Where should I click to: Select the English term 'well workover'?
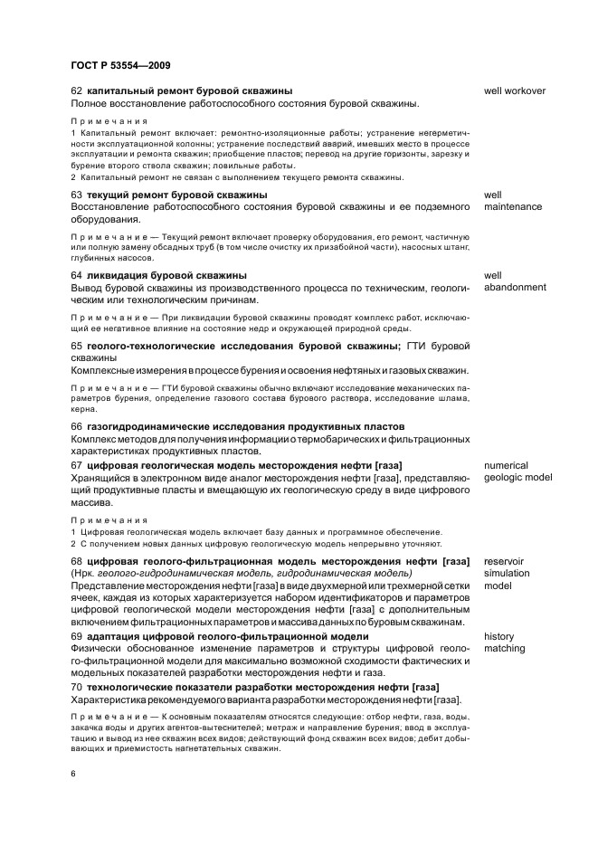(514, 91)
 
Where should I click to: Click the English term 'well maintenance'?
(512, 201)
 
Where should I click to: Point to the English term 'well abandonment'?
(515, 281)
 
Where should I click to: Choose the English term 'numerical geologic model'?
(517, 471)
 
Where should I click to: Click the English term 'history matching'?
(504, 642)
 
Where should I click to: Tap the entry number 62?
(76, 91)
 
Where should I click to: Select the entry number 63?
(76, 195)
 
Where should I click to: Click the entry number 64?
(76, 275)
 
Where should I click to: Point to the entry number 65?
(76, 346)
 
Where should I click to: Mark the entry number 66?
(76, 426)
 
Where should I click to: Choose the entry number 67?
(76, 465)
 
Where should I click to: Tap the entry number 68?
(76, 561)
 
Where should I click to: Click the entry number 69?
(76, 636)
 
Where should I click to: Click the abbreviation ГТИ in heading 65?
(415, 346)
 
